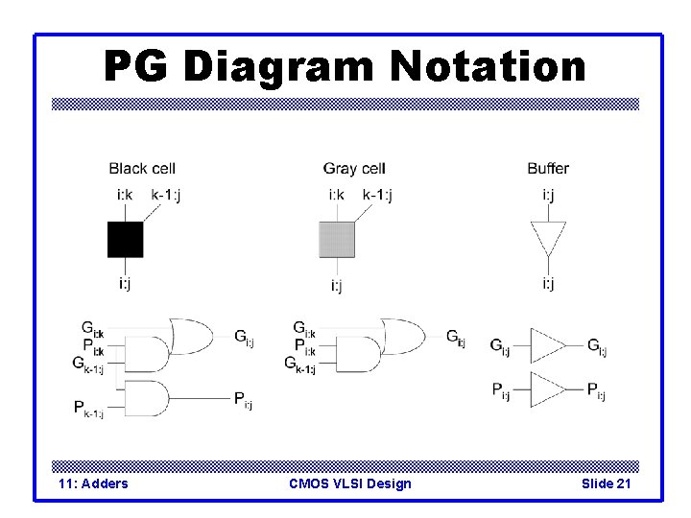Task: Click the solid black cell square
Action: tap(125, 240)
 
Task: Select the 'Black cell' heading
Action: tap(141, 169)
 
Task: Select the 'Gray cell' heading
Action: tap(354, 169)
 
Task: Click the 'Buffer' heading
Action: tap(548, 169)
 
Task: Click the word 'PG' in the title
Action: tap(138, 67)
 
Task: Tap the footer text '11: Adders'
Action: tap(93, 483)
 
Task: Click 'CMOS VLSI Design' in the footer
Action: tap(350, 483)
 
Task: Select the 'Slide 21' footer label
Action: tap(606, 483)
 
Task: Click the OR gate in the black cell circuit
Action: tap(191, 336)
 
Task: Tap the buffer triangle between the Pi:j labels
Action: tap(549, 389)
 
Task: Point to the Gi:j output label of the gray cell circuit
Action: tap(456, 337)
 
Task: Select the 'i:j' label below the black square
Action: tap(125, 283)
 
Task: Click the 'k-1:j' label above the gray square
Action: tap(377, 196)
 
